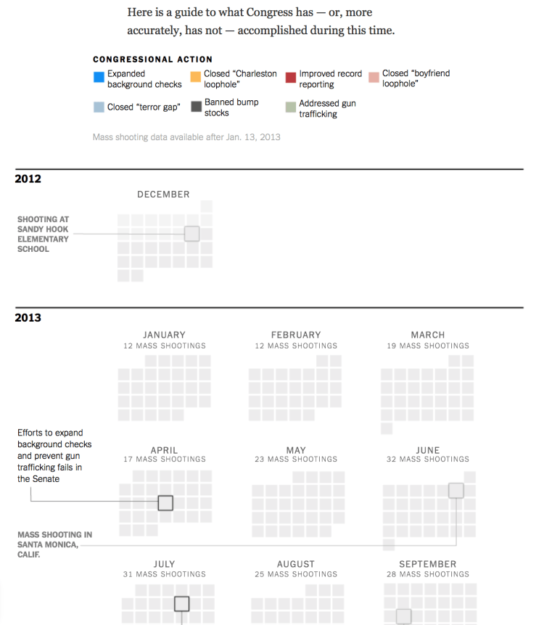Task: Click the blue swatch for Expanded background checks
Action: (x=99, y=78)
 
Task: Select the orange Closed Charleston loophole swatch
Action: (x=195, y=78)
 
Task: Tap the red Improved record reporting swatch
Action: (x=291, y=78)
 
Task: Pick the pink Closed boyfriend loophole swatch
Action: (x=374, y=78)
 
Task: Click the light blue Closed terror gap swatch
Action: (x=99, y=107)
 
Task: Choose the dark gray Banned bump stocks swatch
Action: (x=195, y=107)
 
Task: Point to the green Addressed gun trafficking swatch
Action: (x=291, y=107)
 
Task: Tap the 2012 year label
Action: (x=28, y=179)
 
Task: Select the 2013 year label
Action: (x=28, y=318)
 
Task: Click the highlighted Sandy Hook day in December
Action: (x=191, y=234)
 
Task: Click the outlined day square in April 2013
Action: (x=165, y=502)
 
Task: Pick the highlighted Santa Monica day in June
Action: (x=455, y=490)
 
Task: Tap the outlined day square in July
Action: (x=181, y=604)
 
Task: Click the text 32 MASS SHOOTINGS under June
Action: (x=428, y=459)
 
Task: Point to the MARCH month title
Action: (x=428, y=335)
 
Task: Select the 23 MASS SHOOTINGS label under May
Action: (x=296, y=459)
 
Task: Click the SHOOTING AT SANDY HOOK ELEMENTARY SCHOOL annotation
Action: (x=44, y=234)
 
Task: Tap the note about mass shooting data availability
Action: (x=186, y=137)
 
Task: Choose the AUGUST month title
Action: (x=296, y=564)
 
